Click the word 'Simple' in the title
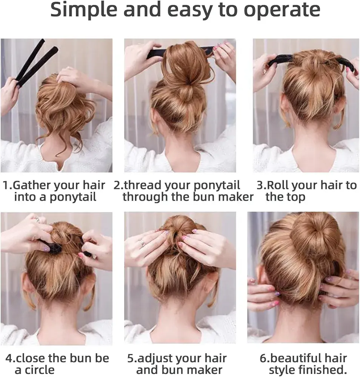(83, 10)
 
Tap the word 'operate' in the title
(282, 11)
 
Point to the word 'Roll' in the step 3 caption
(278, 185)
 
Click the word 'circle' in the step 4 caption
(40, 370)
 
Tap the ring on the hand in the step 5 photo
(142, 242)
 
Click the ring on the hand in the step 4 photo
(38, 220)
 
